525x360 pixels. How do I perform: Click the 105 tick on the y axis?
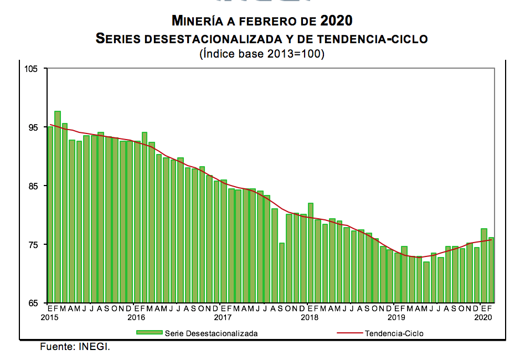pyautogui.click(x=32, y=69)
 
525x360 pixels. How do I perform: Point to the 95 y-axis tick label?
pyautogui.click(x=33, y=127)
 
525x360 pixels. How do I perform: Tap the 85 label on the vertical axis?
pyautogui.click(x=33, y=186)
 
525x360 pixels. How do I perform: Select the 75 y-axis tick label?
pyautogui.click(x=33, y=245)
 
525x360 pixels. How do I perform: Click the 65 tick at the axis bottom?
pyautogui.click(x=33, y=304)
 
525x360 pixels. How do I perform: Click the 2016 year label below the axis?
pyautogui.click(x=136, y=317)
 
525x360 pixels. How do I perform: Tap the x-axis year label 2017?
pyautogui.click(x=222, y=317)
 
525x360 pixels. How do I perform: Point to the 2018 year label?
pyautogui.click(x=309, y=317)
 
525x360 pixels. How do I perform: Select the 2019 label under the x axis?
pyautogui.click(x=396, y=317)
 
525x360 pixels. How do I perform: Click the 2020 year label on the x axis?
pyautogui.click(x=483, y=317)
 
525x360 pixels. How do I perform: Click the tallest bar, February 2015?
pyautogui.click(x=58, y=207)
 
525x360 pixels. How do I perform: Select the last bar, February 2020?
pyautogui.click(x=491, y=270)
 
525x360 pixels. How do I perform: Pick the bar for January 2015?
pyautogui.click(x=50, y=215)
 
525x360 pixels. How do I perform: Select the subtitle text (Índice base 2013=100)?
pyautogui.click(x=261, y=54)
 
